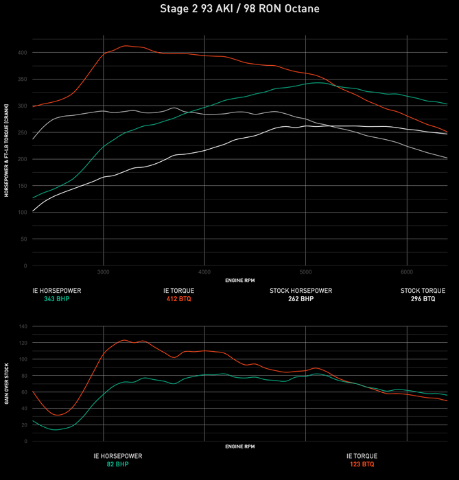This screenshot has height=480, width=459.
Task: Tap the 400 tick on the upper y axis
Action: (23, 53)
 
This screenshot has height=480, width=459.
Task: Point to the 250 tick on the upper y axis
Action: (23, 132)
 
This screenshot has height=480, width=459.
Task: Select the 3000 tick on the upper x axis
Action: (103, 272)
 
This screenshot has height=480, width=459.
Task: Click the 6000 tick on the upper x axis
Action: (408, 272)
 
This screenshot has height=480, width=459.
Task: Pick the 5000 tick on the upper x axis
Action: (306, 272)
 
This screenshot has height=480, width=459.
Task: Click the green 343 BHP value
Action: (56, 299)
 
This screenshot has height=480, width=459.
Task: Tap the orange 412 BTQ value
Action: (178, 299)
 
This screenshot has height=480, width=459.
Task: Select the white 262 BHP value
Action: (301, 299)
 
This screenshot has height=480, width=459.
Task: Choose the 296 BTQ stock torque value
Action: (423, 299)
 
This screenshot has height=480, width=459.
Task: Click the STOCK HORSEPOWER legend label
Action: (301, 291)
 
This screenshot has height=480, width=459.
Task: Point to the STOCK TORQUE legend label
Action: (423, 291)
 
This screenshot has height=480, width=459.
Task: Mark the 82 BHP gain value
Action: (118, 464)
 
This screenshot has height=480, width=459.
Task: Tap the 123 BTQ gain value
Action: (362, 464)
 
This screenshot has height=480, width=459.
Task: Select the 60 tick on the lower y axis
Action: (24, 392)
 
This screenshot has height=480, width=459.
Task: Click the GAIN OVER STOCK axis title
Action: (7, 384)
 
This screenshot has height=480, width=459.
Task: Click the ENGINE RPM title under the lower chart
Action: (239, 446)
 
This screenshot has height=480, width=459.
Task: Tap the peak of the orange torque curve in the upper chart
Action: (126, 46)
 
